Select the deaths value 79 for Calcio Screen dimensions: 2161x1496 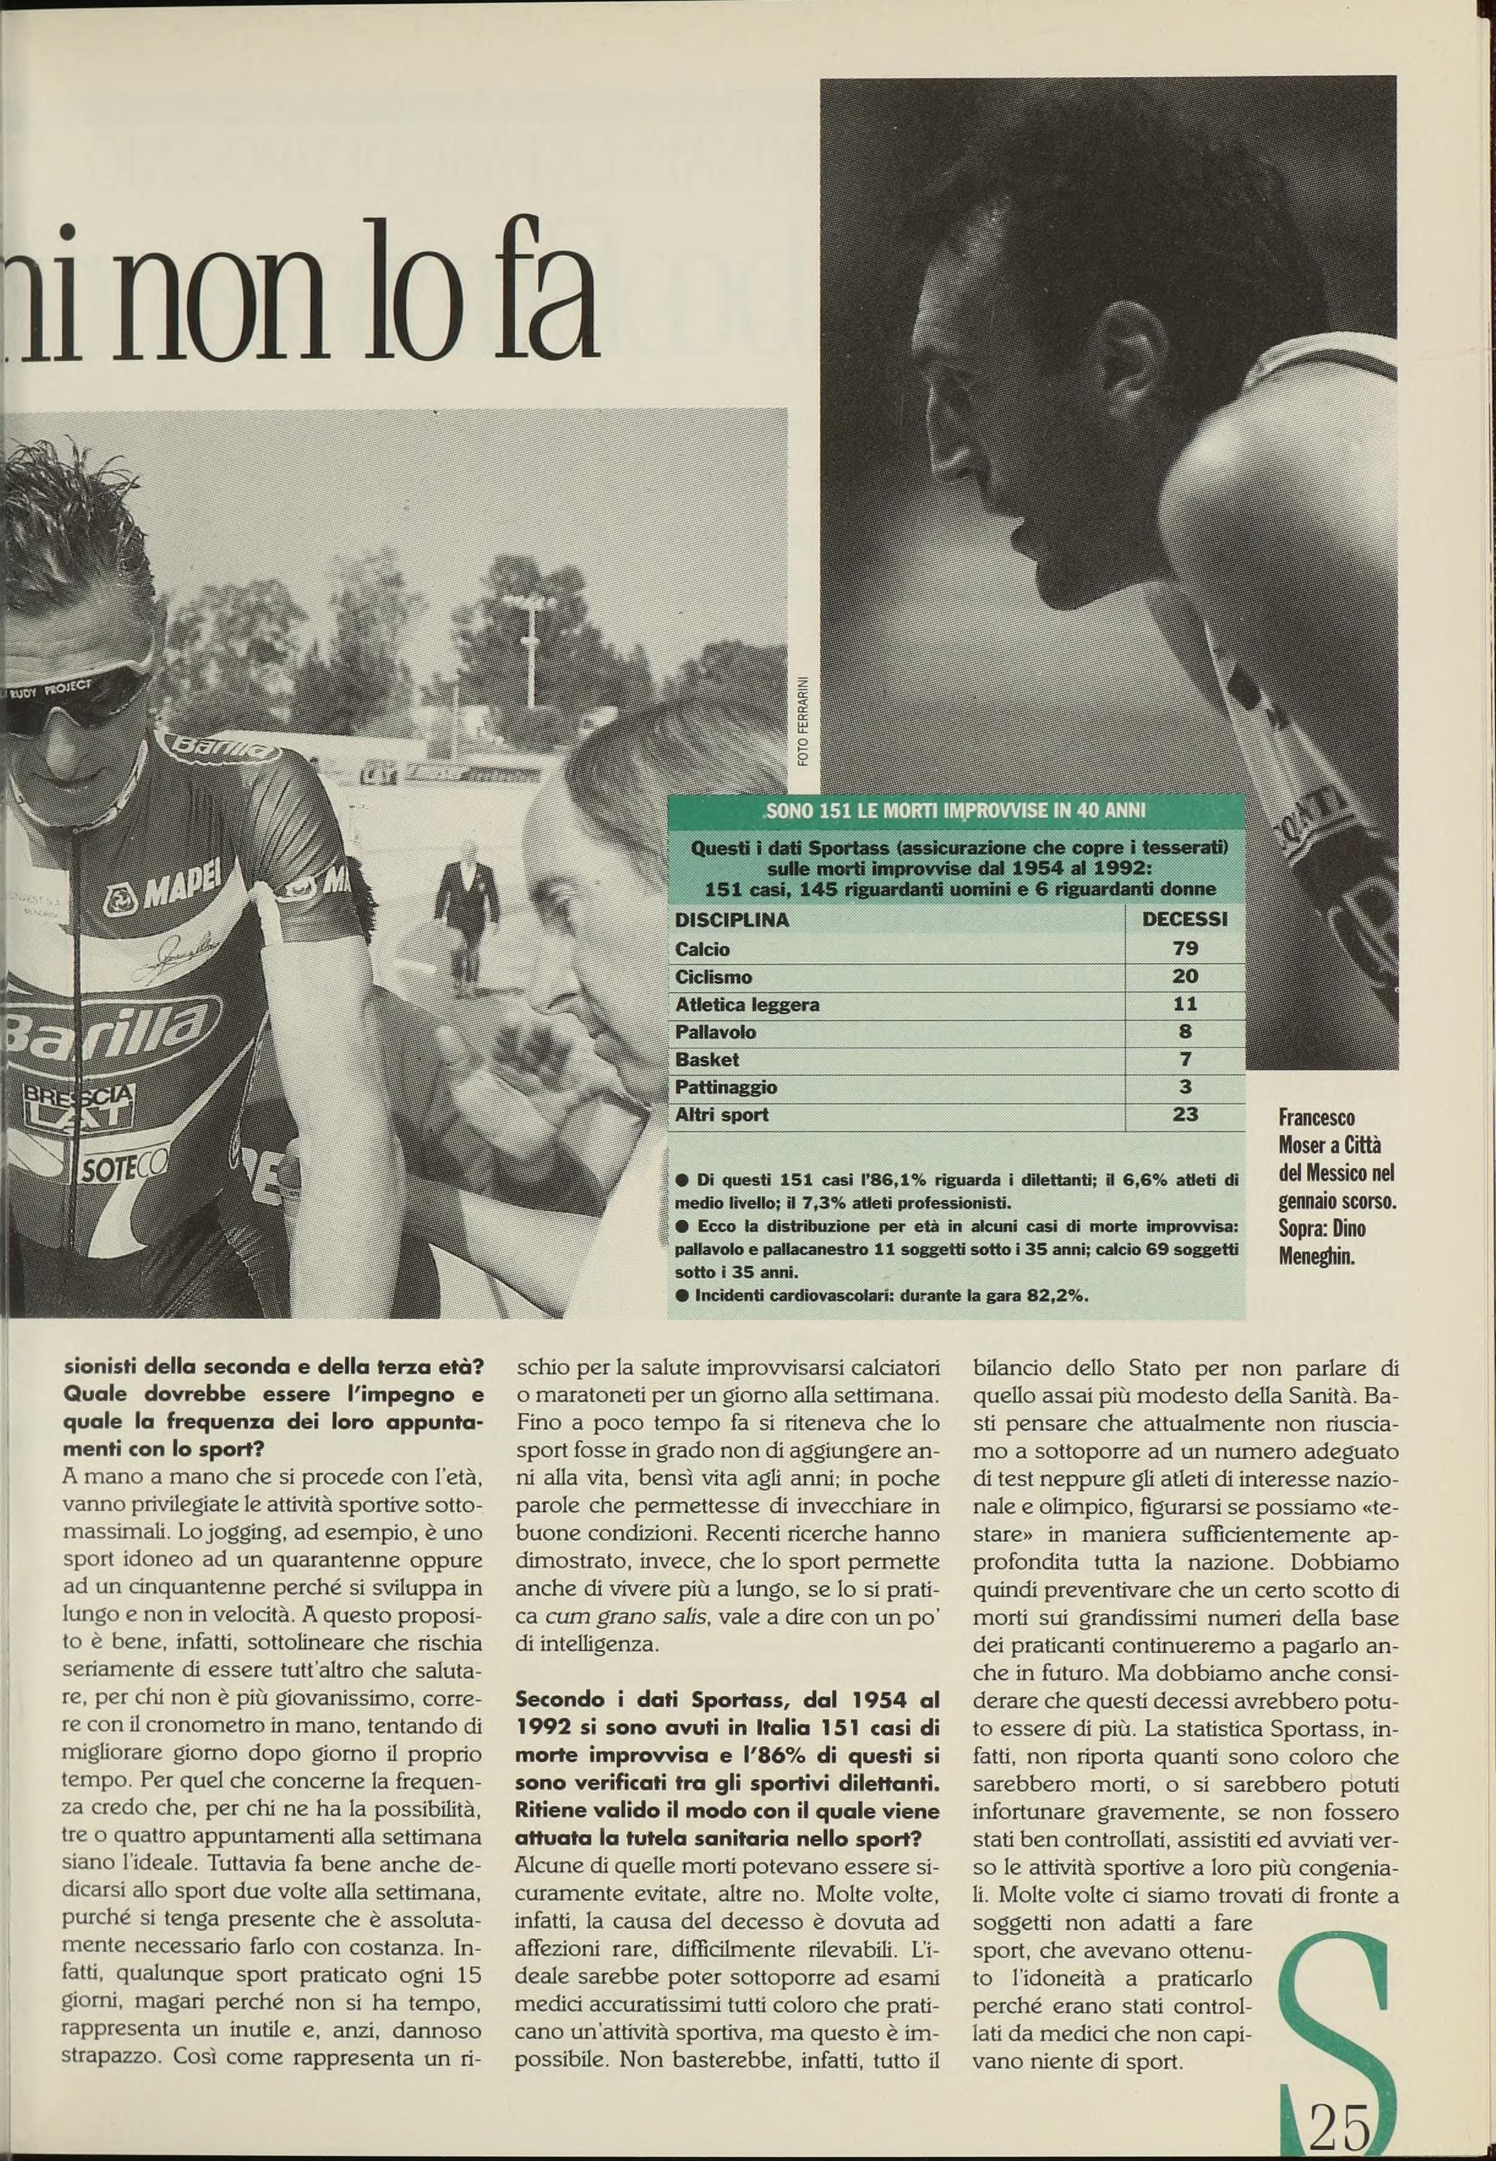tap(1185, 949)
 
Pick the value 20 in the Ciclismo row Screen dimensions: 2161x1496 tap(1185, 976)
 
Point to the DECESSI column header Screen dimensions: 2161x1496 tap(1185, 920)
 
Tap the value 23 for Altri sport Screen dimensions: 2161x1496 tap(1185, 1114)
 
